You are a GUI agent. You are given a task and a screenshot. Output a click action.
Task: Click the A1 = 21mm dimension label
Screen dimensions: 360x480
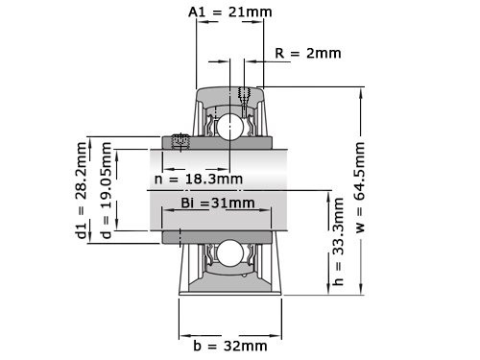(229, 12)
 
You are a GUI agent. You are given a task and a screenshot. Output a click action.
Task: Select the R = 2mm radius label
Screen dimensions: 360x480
(306, 53)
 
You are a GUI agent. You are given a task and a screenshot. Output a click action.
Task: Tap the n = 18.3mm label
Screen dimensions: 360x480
(199, 179)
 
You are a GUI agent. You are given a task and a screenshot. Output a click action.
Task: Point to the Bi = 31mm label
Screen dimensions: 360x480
(218, 203)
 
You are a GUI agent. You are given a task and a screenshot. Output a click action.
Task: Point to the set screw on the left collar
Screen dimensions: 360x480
(179, 142)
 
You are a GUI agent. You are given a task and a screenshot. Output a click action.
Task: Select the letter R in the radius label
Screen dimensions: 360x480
(278, 53)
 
